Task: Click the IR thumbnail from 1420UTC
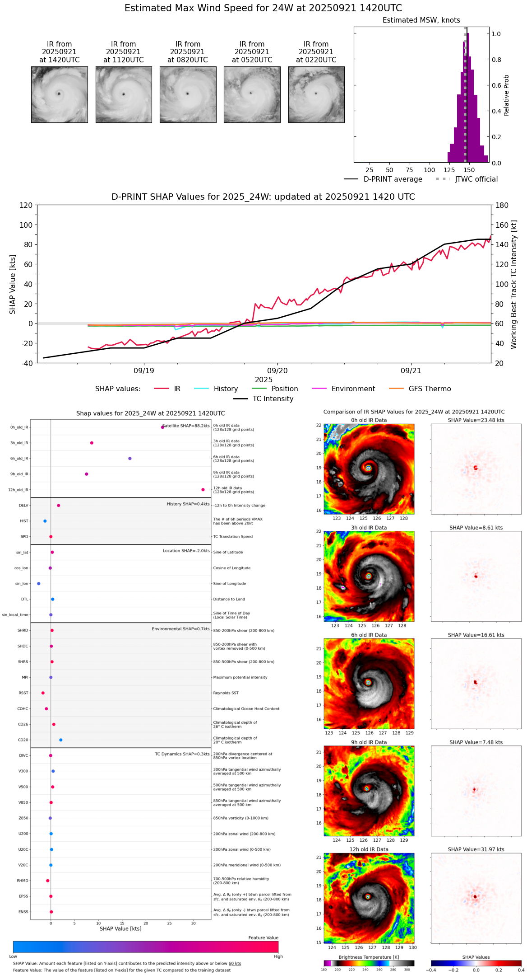point(59,94)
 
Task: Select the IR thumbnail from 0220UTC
point(316,94)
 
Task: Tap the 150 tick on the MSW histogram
point(469,170)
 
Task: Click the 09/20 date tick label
point(277,371)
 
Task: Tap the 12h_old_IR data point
point(203,490)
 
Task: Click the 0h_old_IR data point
point(162,427)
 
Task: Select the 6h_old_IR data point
point(130,459)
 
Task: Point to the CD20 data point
point(61,740)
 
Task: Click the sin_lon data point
point(39,584)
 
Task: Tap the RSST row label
point(23,693)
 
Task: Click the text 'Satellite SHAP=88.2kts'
point(186,426)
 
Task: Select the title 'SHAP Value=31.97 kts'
point(476,850)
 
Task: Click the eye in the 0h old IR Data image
point(369,468)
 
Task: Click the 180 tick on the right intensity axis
point(502,206)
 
